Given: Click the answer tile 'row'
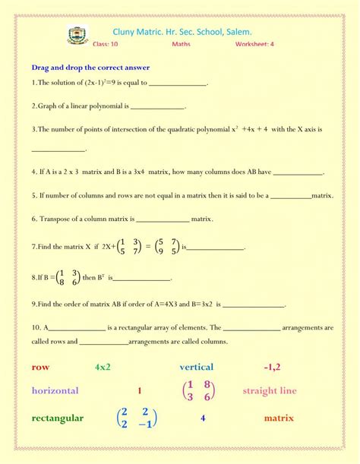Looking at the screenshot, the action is [x=41, y=367].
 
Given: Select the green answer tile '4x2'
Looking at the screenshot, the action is [x=103, y=367].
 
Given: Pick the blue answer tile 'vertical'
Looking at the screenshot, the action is [x=197, y=367].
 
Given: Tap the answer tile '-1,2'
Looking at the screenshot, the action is [x=272, y=367].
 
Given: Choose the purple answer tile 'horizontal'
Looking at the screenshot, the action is [x=55, y=391].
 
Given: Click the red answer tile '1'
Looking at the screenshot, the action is [x=140, y=391].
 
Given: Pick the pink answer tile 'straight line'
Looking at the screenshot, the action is [x=270, y=391].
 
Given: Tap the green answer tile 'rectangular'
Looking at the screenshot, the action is [x=58, y=418].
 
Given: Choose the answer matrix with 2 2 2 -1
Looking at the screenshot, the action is [x=137, y=418].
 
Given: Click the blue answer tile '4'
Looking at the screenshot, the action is [x=203, y=418].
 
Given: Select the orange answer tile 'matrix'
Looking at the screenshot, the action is [x=279, y=418].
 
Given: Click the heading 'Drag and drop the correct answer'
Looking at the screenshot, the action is [x=90, y=68].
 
